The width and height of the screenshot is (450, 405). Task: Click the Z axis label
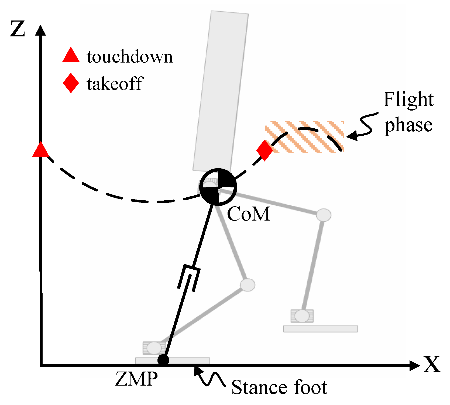pos(18,29)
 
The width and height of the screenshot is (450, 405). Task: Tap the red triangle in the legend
pos(71,56)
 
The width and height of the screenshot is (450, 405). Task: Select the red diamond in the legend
pos(71,83)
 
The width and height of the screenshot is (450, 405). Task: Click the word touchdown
pos(130,57)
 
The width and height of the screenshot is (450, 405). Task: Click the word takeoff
pos(115,84)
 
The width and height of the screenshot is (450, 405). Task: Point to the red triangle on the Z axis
pos(41,150)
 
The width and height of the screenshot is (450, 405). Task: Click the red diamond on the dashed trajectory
pos(264,150)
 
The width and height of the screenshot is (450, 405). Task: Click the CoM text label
pos(248,214)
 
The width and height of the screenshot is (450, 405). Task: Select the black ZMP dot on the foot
pos(163,360)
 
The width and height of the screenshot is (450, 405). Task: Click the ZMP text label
pos(136,379)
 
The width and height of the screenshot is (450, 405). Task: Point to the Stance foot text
pos(279,387)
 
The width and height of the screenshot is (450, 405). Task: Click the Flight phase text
pos(408,112)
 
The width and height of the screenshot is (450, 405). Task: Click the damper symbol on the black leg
pos(189,278)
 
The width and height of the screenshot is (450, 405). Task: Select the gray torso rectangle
pos(221,92)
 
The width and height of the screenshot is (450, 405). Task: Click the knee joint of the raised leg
pos(324,215)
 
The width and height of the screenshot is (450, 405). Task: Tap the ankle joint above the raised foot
pos(302,316)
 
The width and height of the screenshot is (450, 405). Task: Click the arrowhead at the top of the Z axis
pos(40,30)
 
